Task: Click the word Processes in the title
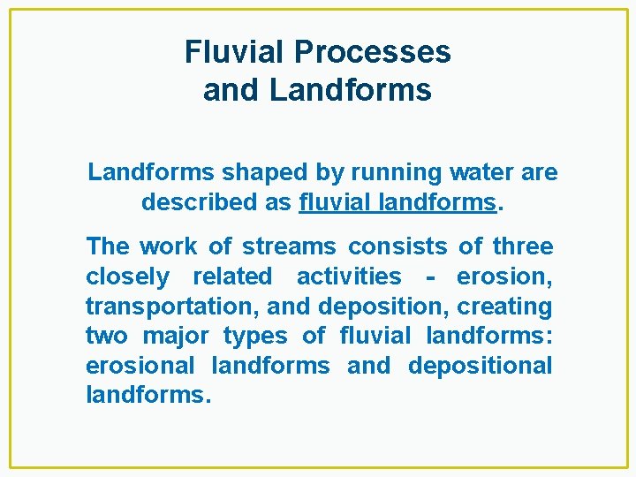[373, 53]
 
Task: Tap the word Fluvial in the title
[235, 53]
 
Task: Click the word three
[523, 246]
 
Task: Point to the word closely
[127, 276]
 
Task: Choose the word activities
[349, 276]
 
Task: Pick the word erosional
[140, 366]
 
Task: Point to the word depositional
[481, 366]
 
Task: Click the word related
[232, 276]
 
